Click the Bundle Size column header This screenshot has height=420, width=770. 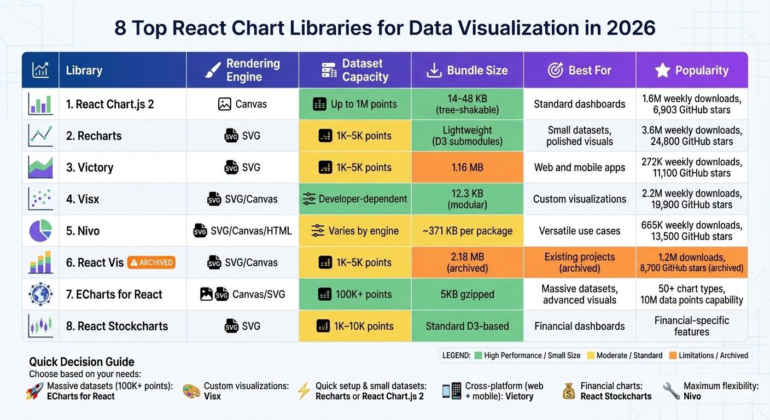[468, 71]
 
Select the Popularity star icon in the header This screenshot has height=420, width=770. [662, 70]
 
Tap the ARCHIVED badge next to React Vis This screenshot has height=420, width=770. [151, 262]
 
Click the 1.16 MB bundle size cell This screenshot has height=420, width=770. [468, 167]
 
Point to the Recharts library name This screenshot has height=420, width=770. [94, 136]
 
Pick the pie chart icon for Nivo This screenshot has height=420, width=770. [40, 231]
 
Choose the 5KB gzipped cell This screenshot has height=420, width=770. [468, 294]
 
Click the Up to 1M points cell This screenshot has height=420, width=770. [355, 104]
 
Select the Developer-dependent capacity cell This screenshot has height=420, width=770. [355, 199]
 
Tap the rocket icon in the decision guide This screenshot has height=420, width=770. [34, 390]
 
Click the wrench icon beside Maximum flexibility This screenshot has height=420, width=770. [671, 390]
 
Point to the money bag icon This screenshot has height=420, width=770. [569, 390]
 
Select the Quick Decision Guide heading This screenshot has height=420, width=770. [81, 361]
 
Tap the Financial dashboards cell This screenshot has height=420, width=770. [580, 326]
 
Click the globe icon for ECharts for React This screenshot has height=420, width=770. [40, 294]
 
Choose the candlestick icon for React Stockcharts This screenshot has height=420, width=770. [40, 326]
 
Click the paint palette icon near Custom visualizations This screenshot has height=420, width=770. [191, 390]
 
